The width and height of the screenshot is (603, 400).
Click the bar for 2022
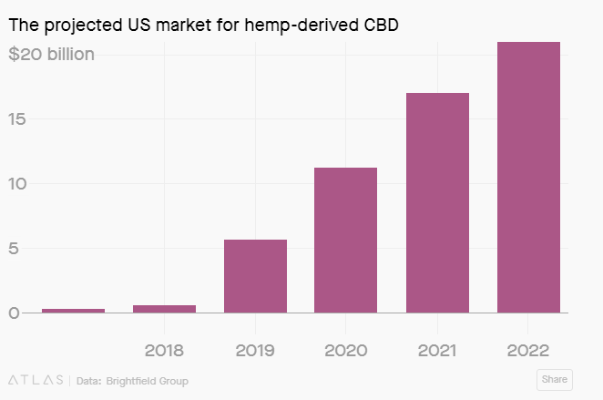pos(528,177)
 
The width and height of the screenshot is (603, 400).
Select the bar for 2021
pos(437,202)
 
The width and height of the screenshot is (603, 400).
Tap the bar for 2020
pos(346,240)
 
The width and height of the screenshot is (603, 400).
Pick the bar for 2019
pos(255,276)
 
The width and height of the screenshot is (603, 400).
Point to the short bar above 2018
pos(164,309)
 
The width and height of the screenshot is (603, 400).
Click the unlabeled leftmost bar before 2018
pos(73,311)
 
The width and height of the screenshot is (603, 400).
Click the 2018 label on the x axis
pos(164,350)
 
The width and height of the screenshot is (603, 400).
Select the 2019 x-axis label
pos(255,350)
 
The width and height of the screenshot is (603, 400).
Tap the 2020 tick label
pos(346,350)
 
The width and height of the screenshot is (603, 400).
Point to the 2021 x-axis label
pos(437,350)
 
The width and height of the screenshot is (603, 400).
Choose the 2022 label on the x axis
pos(528,350)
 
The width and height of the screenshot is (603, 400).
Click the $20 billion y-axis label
pos(51,55)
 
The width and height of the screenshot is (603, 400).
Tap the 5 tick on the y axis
pos(13,249)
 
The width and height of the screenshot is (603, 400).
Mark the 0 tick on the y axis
pos(13,313)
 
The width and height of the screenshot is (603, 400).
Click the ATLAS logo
pos(35,380)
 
